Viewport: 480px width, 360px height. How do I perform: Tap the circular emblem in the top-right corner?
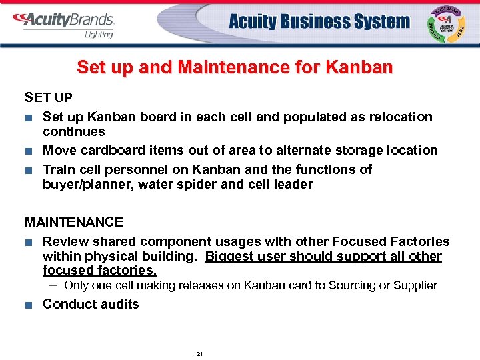447,24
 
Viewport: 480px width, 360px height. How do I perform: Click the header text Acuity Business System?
319,22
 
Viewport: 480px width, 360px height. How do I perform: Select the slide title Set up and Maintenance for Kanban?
235,67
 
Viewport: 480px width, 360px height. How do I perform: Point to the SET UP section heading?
49,98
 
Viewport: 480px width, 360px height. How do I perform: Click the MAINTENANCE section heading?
74,222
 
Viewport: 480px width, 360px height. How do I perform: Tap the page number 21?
199,353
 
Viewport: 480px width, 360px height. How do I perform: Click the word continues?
74,131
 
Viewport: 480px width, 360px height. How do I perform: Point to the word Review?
65,241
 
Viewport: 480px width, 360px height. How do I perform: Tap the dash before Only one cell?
53,285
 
